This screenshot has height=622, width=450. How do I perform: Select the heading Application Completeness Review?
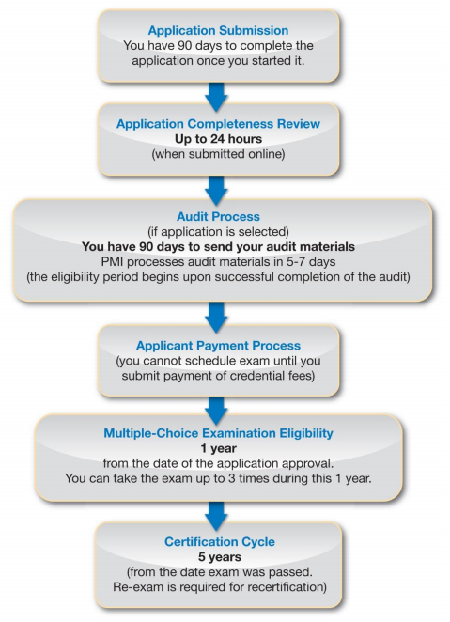pyautogui.click(x=217, y=124)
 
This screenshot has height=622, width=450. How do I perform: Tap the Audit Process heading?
pyautogui.click(x=218, y=214)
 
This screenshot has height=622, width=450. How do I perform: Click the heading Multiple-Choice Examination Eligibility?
pyautogui.click(x=217, y=433)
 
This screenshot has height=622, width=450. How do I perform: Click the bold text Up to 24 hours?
pyautogui.click(x=217, y=140)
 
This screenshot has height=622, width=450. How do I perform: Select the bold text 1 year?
pyautogui.click(x=217, y=449)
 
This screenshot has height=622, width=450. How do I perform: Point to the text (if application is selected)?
pyautogui.click(x=218, y=231)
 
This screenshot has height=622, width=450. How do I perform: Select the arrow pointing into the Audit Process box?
pyautogui.click(x=217, y=188)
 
